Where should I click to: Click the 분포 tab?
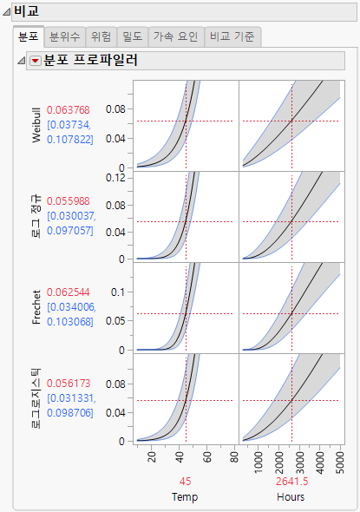(x=29, y=36)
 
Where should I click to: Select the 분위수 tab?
(x=65, y=36)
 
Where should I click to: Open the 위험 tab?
(x=101, y=36)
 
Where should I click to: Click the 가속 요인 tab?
(x=175, y=36)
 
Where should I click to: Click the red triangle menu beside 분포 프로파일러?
(x=35, y=62)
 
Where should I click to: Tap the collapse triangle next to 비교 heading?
(x=6, y=12)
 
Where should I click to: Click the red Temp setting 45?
(x=186, y=482)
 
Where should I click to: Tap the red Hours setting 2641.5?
(x=291, y=482)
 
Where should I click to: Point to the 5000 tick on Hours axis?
(x=339, y=461)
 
